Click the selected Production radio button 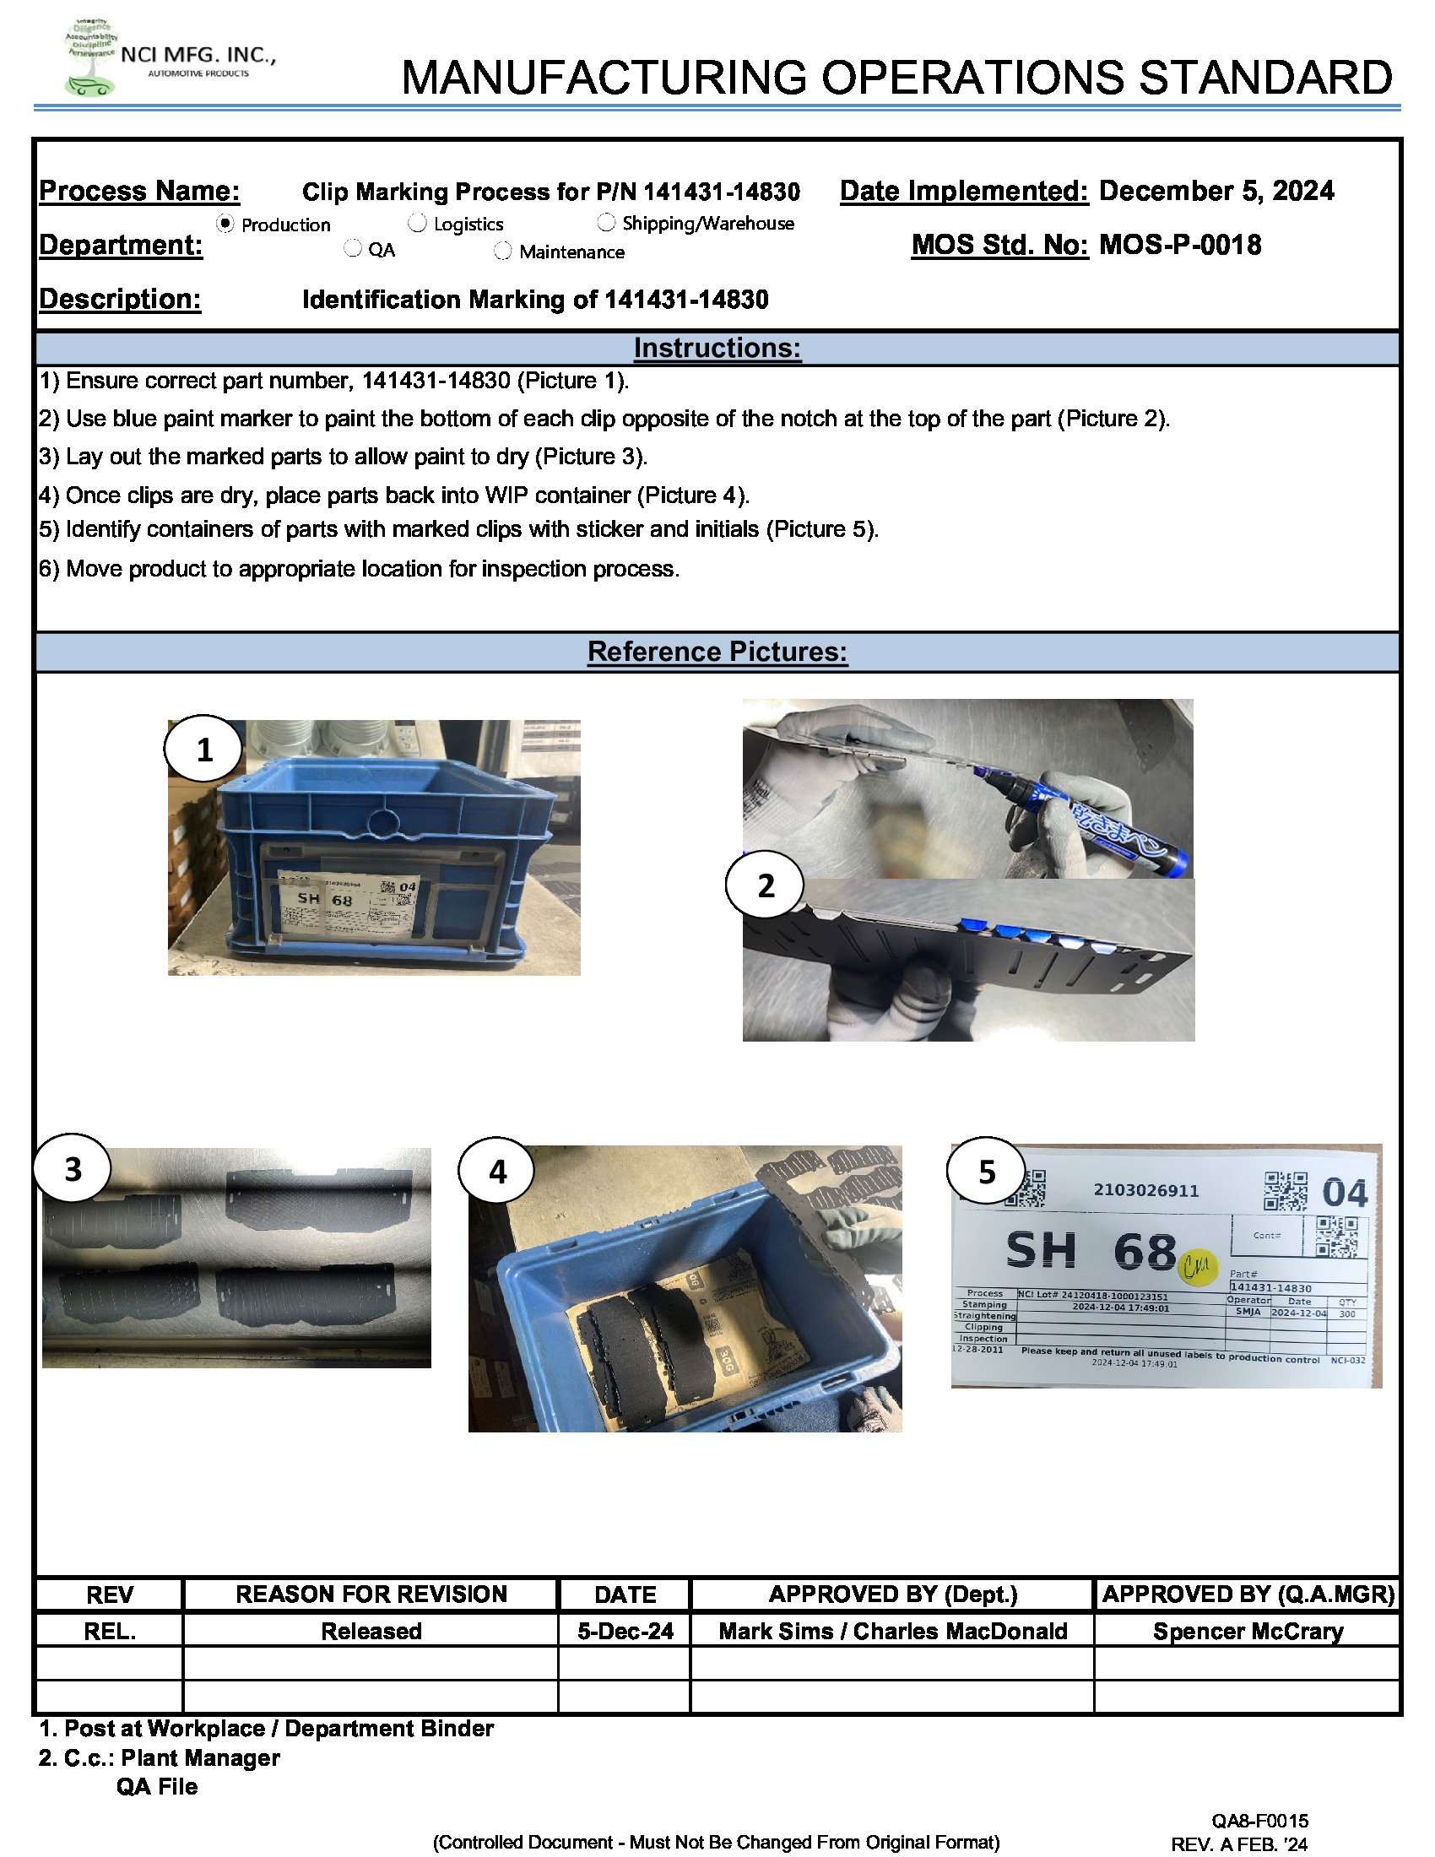[225, 223]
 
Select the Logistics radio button [416, 223]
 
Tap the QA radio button [353, 248]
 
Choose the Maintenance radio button [503, 251]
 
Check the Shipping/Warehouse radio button [606, 222]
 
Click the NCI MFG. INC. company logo [92, 57]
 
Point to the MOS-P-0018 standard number [1179, 246]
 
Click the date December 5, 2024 [1216, 191]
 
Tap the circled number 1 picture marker [204, 749]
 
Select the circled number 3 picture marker [73, 1168]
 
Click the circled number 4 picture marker [497, 1172]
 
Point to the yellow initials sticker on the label [1198, 1268]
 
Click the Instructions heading [717, 349]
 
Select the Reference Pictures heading [717, 652]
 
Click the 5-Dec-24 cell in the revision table [625, 1631]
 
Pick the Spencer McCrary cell [1247, 1631]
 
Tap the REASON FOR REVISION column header [371, 1594]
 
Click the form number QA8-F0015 [1259, 1821]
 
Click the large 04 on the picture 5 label [1344, 1193]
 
